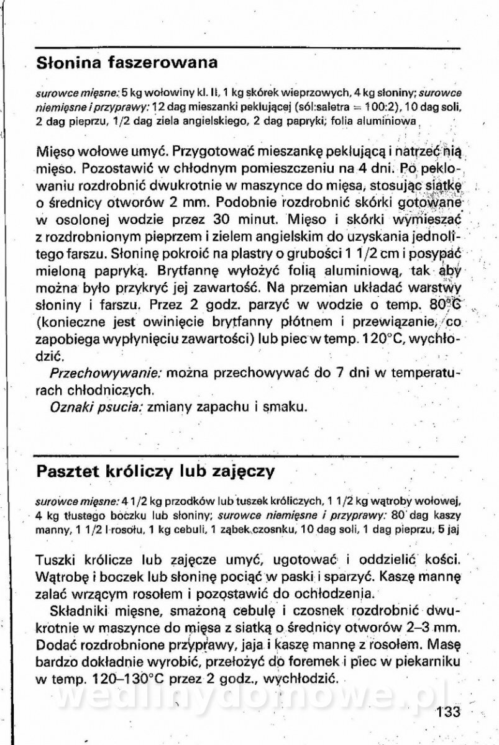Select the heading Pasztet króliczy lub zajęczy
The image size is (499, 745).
[155, 471]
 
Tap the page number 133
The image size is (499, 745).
[448, 712]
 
